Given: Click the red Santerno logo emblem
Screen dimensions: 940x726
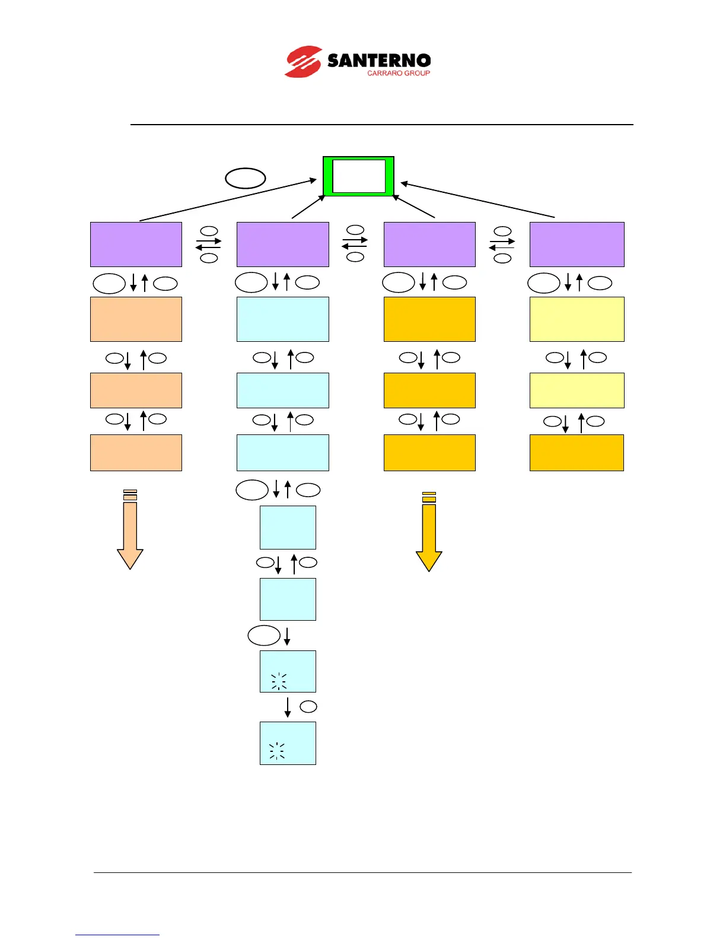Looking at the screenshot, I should [x=303, y=62].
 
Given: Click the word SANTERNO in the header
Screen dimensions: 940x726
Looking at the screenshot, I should [x=378, y=61].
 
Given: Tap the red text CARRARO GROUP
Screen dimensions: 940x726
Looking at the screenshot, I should [x=398, y=74].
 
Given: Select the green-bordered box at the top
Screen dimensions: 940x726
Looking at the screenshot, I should [x=358, y=176].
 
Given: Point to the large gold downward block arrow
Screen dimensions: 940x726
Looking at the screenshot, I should [x=429, y=532].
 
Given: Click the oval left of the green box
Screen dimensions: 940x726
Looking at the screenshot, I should [x=245, y=178].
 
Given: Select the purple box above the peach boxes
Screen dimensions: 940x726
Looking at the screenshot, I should [x=136, y=244].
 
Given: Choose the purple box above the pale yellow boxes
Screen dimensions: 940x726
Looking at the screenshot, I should [x=577, y=244].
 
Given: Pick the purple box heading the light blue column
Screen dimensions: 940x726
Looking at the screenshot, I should [x=282, y=244].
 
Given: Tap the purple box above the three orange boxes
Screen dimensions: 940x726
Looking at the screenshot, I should [x=429, y=244].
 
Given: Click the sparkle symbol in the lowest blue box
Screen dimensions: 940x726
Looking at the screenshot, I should [x=277, y=751].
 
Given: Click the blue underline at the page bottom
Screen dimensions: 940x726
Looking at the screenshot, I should [x=117, y=935].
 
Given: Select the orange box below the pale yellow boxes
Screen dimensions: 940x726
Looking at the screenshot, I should [x=577, y=453].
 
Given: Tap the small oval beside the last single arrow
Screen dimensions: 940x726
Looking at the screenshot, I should [x=308, y=707].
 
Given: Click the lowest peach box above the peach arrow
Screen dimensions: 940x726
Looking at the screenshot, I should [x=136, y=453].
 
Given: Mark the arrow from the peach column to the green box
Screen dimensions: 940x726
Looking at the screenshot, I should [x=228, y=201].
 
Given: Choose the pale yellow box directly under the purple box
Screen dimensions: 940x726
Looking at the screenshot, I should [x=577, y=319].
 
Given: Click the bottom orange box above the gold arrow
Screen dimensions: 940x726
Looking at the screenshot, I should [x=429, y=453].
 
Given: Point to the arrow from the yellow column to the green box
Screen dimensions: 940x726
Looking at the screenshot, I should [x=478, y=201].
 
